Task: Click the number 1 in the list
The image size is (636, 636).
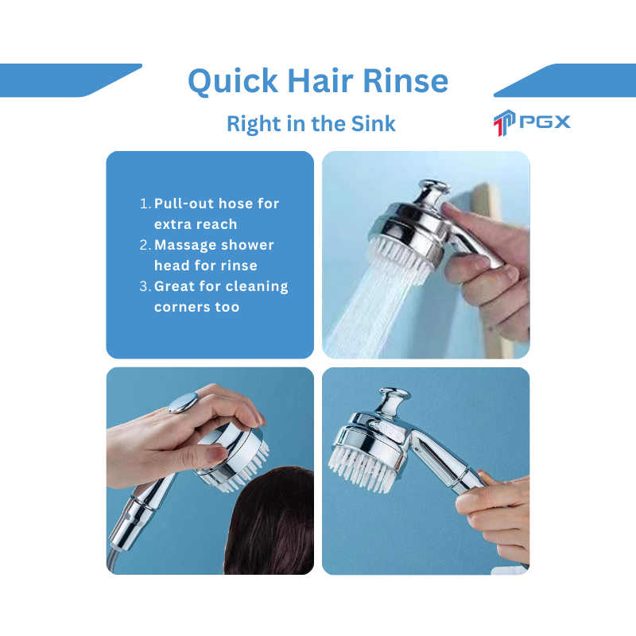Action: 145,204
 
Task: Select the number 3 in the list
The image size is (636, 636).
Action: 145,286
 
